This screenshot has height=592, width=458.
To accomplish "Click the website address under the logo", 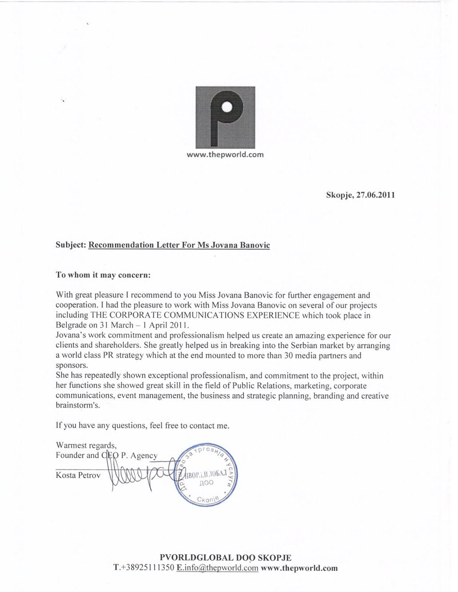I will pos(225,155).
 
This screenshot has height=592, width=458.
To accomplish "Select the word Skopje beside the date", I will pos(339,195).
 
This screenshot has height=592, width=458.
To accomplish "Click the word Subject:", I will pos(71,245).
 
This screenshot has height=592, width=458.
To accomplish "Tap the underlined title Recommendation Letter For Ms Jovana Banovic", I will pos(179,245).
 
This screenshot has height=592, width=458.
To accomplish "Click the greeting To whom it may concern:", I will pos(104,275).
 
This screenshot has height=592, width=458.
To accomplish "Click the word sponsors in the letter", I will pos(71,366).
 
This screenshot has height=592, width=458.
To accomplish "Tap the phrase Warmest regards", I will pos(86,445).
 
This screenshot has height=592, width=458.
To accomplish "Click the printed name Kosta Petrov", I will pos(78,475).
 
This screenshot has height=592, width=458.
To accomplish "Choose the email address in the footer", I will pos(217,568).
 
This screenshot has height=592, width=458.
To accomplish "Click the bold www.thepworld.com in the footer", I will pos(299,568).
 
